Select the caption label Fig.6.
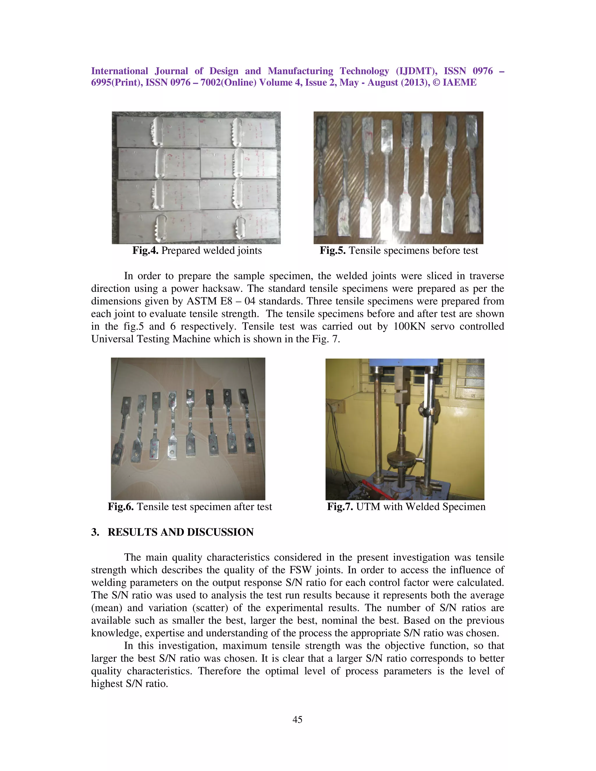tap(121, 507)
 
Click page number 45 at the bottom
tap(297, 720)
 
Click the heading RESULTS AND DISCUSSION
tap(180, 532)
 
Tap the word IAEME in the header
tap(459, 83)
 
